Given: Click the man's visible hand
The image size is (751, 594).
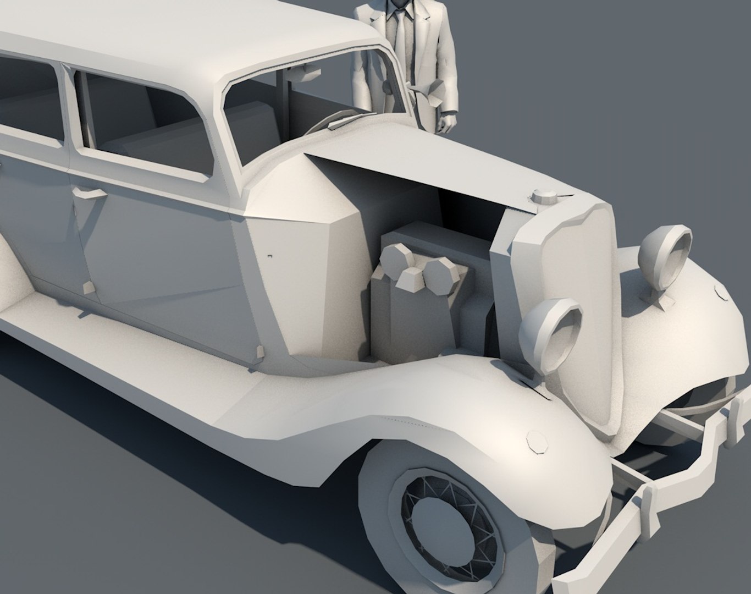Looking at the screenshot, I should [x=447, y=122].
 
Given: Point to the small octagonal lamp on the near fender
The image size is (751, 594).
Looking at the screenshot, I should [x=537, y=443].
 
